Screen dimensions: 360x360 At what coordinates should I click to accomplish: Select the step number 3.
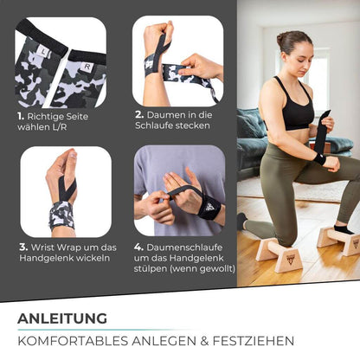23,247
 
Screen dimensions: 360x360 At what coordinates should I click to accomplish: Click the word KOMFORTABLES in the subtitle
68,341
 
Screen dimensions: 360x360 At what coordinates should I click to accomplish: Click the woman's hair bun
281,40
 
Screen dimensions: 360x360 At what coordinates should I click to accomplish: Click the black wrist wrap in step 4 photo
208,207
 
